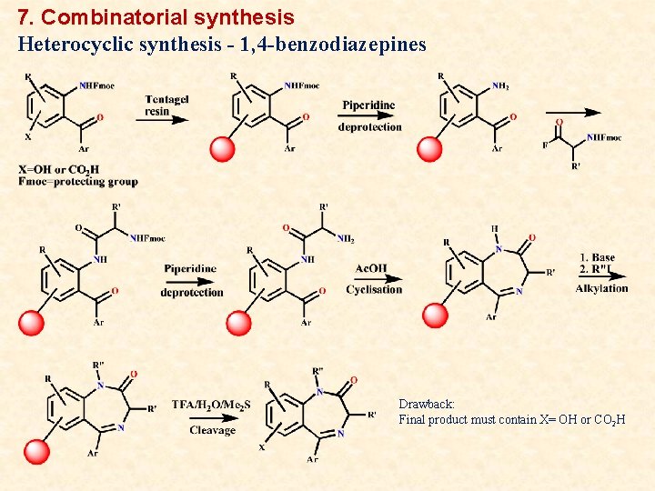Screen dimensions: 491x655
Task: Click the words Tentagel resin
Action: tap(166, 105)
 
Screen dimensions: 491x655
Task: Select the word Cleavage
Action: tap(212, 430)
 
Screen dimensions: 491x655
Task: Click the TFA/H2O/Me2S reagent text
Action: tap(211, 405)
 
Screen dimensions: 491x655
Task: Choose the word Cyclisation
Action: tap(373, 289)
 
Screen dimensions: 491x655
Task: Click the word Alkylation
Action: tap(601, 288)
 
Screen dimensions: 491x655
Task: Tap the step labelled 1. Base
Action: tap(597, 257)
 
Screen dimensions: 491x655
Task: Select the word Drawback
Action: tap(426, 404)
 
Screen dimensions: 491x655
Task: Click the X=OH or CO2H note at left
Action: tap(59, 169)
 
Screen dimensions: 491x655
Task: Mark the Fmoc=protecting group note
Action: tap(77, 181)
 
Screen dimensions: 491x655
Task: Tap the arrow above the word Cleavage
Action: tap(211, 417)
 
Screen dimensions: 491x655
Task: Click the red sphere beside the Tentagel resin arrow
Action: tap(222, 148)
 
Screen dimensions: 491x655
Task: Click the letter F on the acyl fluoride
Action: tap(545, 145)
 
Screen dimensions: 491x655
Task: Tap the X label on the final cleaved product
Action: tap(262, 446)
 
